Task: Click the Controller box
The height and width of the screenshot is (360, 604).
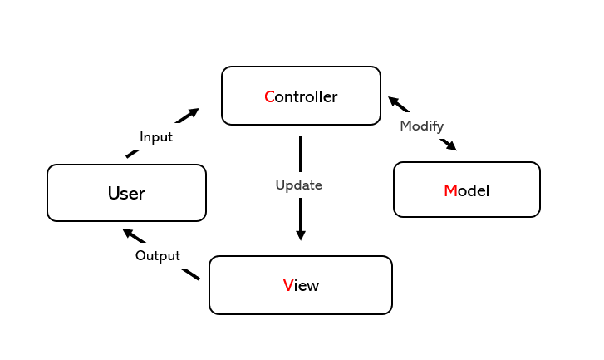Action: click(x=301, y=96)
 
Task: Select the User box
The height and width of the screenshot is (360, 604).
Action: click(x=126, y=193)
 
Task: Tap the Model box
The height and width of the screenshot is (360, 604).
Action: click(x=466, y=190)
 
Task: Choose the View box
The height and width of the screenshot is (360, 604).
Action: click(x=301, y=285)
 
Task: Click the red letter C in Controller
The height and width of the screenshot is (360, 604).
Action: click(x=269, y=96)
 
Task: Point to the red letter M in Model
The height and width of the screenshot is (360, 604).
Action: click(x=450, y=190)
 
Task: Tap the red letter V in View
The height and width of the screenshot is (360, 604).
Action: click(x=287, y=286)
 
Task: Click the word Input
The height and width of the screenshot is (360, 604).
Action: click(x=156, y=137)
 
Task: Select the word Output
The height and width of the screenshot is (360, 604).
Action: click(x=158, y=255)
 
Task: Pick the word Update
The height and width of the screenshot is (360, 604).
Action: click(x=299, y=185)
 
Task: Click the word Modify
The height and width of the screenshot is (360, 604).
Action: click(x=422, y=126)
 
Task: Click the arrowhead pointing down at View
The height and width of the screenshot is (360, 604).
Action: click(x=301, y=235)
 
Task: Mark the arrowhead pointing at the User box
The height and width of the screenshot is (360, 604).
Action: click(x=129, y=233)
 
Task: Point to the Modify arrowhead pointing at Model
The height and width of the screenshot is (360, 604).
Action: click(x=450, y=145)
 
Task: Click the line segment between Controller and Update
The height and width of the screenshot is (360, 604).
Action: click(x=301, y=154)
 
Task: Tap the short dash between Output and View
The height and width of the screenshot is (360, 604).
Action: click(x=190, y=274)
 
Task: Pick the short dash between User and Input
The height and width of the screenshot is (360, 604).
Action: click(x=132, y=154)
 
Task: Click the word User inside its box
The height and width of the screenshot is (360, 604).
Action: click(x=126, y=193)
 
